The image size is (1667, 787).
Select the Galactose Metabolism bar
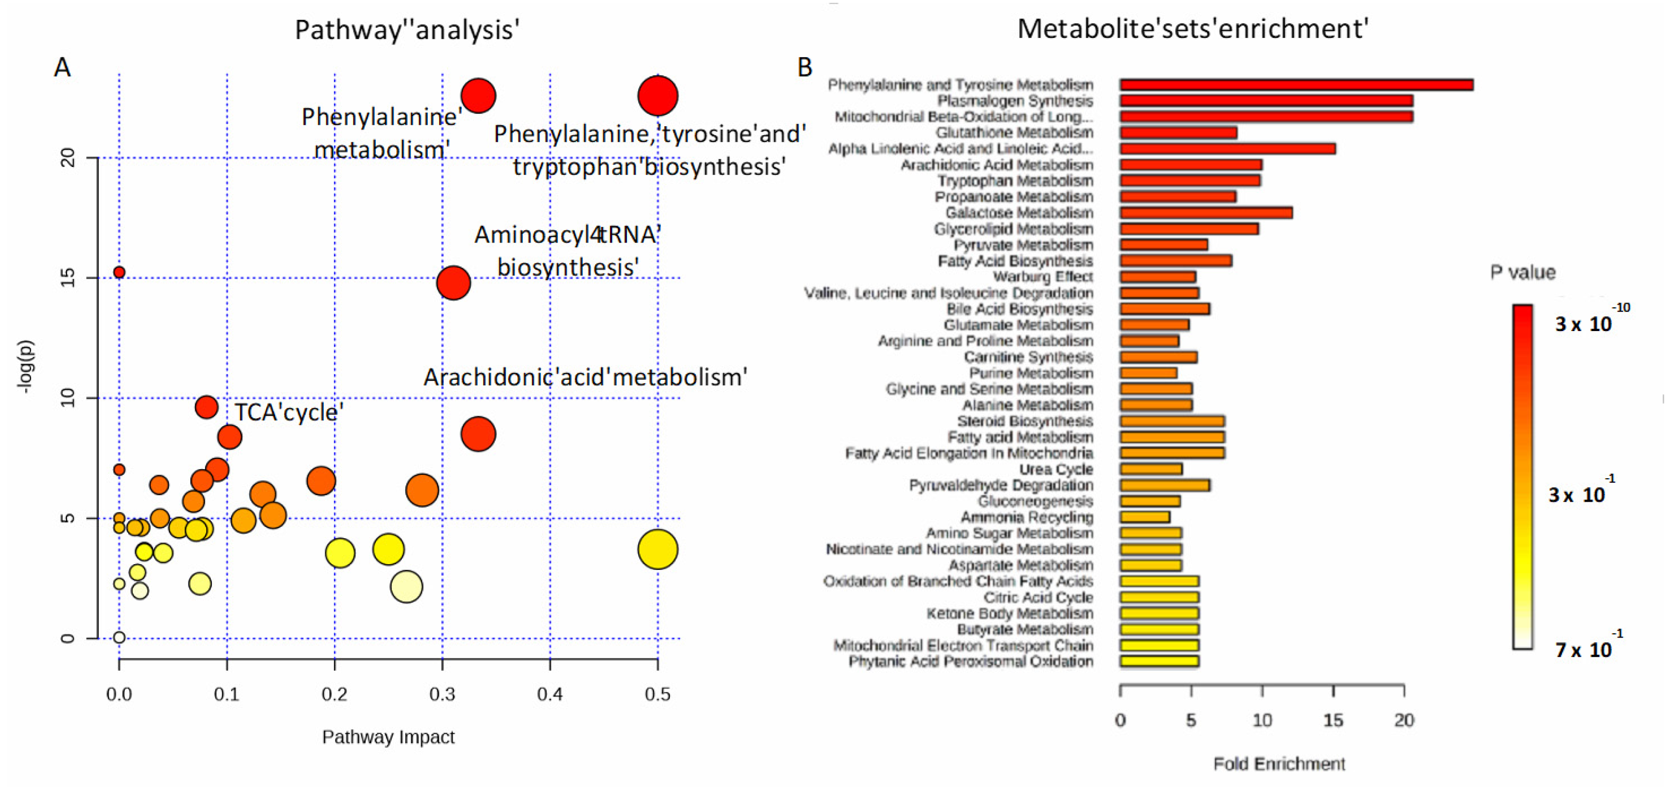[x=1206, y=213]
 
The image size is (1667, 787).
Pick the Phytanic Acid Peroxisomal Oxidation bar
[x=1159, y=662]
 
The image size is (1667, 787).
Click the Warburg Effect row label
[x=1042, y=277]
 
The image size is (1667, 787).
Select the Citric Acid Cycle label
[x=1038, y=597]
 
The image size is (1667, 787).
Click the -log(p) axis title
[x=26, y=367]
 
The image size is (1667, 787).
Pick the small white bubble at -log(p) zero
[x=119, y=638]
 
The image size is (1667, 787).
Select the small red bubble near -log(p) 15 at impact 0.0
[x=119, y=272]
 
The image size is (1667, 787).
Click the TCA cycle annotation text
[x=288, y=412]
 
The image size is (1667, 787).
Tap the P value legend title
[x=1522, y=272]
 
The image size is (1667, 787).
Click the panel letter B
[x=804, y=67]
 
